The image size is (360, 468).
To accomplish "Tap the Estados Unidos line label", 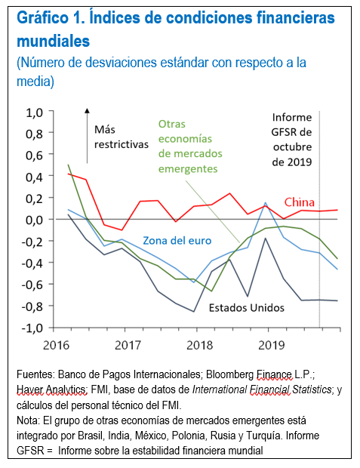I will (246, 308).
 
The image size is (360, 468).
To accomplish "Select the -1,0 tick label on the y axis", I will (33, 328).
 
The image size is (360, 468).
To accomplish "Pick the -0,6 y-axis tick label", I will (33, 285).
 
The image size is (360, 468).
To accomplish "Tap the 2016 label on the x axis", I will (56, 345).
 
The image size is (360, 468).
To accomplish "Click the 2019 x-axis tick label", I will (269, 345).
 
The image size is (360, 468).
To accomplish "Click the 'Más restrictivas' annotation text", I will (121, 137).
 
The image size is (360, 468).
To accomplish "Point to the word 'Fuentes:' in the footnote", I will (35, 374).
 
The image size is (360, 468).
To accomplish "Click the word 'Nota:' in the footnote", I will (29, 419).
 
